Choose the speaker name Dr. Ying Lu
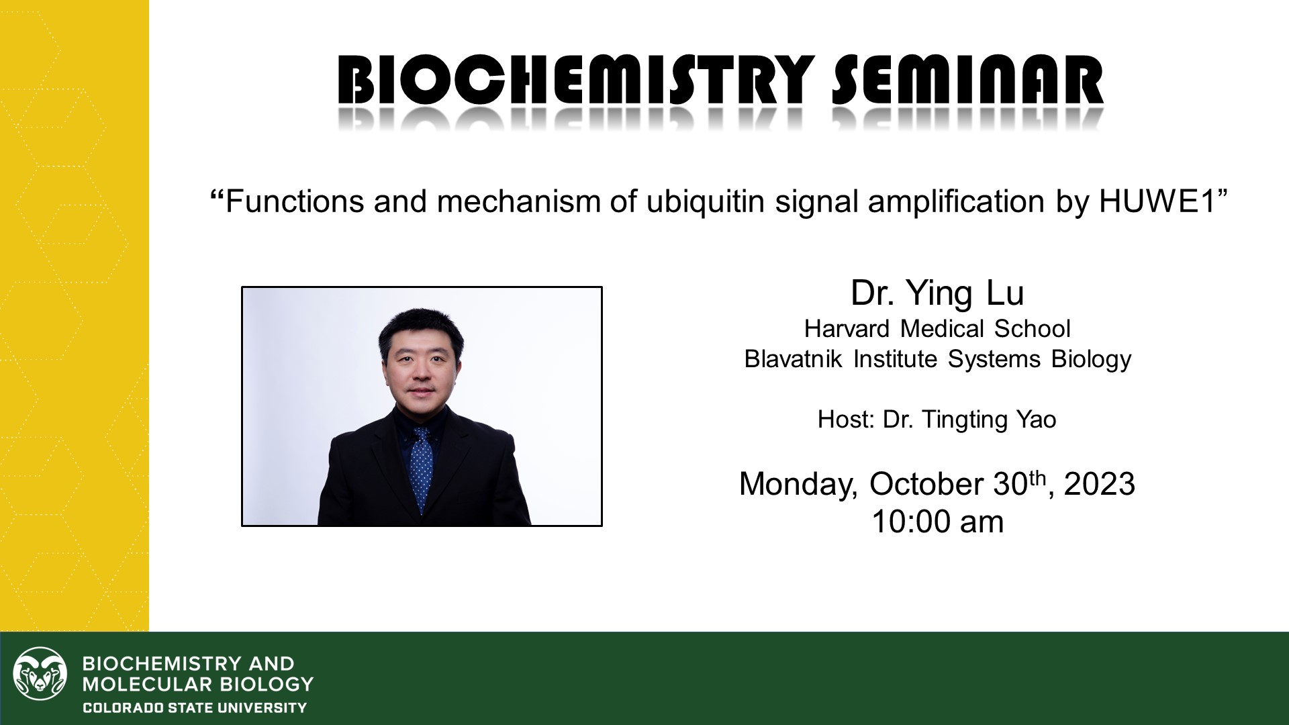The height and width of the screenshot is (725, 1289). click(937, 293)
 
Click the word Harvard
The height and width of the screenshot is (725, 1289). click(848, 329)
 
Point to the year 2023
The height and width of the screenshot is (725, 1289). click(1100, 484)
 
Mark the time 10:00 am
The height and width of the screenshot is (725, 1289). click(937, 522)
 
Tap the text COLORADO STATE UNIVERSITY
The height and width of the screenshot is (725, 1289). click(195, 708)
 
